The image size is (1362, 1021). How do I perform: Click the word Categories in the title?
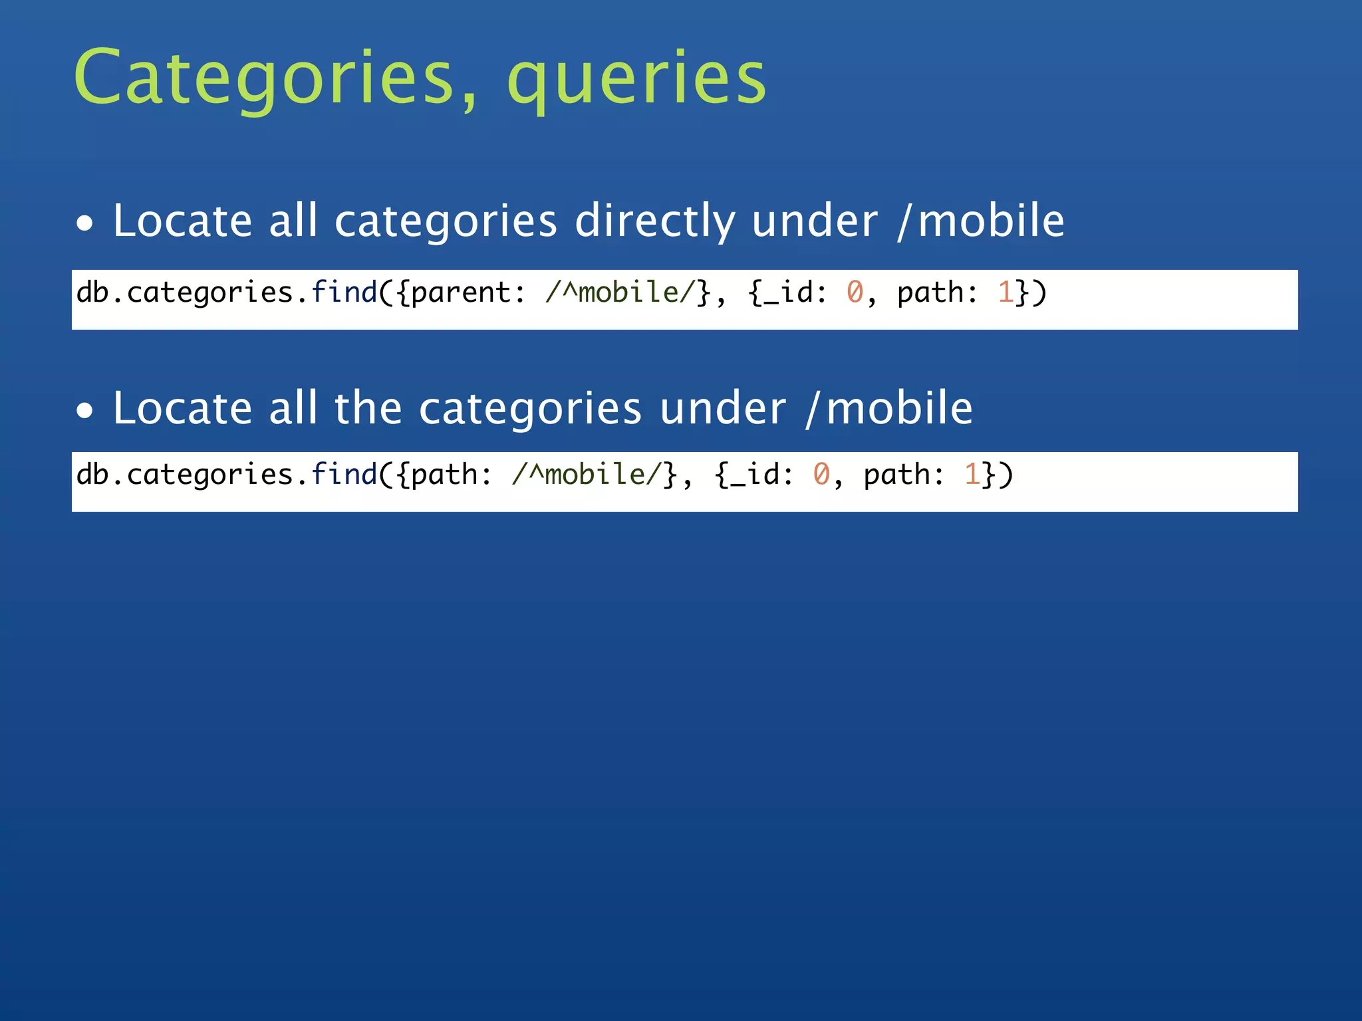pyautogui.click(x=263, y=78)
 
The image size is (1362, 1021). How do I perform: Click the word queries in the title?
pyautogui.click(x=636, y=78)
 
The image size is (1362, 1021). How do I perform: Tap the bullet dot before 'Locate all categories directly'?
pyautogui.click(x=84, y=224)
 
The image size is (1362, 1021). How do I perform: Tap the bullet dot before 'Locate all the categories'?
pyautogui.click(x=84, y=411)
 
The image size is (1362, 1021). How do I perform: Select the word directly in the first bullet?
pyautogui.click(x=654, y=221)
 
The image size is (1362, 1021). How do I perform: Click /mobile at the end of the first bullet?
pyautogui.click(x=981, y=221)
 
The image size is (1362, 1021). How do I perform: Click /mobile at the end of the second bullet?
pyautogui.click(x=889, y=408)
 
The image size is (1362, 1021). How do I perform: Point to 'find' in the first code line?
pyautogui.click(x=344, y=292)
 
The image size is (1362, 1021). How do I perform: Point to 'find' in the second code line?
pyautogui.click(x=344, y=474)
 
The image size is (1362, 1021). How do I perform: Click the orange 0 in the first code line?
pyautogui.click(x=855, y=292)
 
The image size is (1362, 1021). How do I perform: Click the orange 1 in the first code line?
pyautogui.click(x=1005, y=292)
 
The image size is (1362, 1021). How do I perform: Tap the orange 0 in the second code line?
pyautogui.click(x=821, y=475)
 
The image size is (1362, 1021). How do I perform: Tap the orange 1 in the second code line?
pyautogui.click(x=972, y=475)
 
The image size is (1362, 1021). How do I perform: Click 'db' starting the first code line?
pyautogui.click(x=92, y=292)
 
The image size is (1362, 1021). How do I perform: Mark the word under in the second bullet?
pyautogui.click(x=723, y=408)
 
